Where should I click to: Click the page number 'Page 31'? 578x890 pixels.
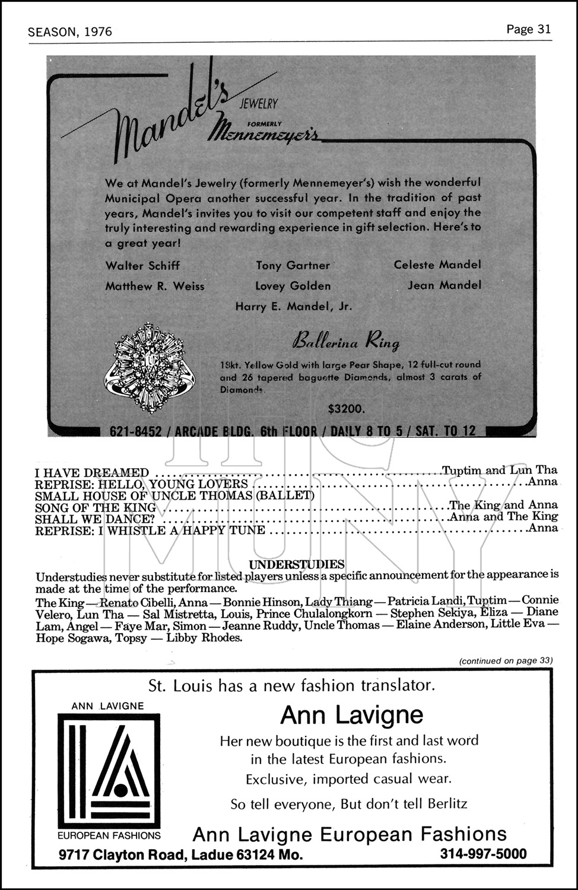[x=529, y=29]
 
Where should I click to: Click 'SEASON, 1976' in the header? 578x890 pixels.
[x=70, y=31]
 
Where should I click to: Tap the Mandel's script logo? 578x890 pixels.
[x=172, y=119]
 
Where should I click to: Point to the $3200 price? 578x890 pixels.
[x=346, y=408]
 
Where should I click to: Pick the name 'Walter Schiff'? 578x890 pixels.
[x=142, y=265]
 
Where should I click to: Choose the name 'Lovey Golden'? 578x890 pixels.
[x=293, y=286]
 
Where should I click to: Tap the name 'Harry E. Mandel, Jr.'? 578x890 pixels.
[x=294, y=307]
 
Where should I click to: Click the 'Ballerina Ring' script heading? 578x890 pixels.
[x=346, y=342]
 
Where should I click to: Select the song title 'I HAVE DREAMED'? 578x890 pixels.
[x=92, y=473]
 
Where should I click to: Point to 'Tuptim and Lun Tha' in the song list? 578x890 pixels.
[x=500, y=471]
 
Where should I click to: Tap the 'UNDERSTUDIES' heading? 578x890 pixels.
[x=296, y=564]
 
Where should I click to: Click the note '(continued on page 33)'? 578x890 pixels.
[x=506, y=660]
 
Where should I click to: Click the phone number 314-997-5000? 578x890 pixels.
[x=483, y=854]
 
